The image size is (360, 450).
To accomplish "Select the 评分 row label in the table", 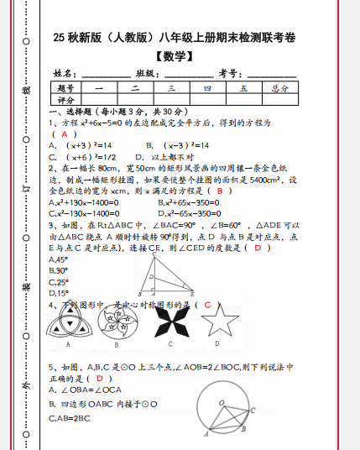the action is point(66,99).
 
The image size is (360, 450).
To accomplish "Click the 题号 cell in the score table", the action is point(66,87).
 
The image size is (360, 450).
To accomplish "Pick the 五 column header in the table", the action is point(243,87).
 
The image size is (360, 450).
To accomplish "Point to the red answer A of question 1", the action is point(64,133).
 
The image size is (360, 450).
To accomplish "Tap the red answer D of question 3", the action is point(258,248).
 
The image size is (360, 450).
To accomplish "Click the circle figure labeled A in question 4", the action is point(67,321).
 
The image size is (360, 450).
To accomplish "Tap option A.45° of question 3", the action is point(59,259).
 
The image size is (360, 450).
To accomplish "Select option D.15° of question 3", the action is point(59,293).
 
